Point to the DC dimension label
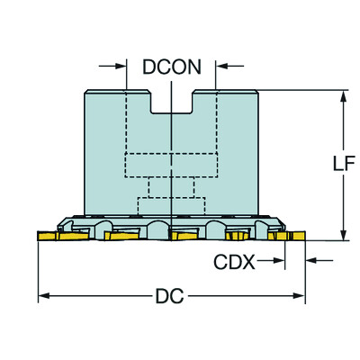pos(170,296)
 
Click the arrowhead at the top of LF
pos(342,94)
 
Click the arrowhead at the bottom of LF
pos(342,235)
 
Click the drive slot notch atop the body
pos(171,101)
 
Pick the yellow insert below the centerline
pos(183,236)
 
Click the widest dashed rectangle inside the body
pos(171,166)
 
